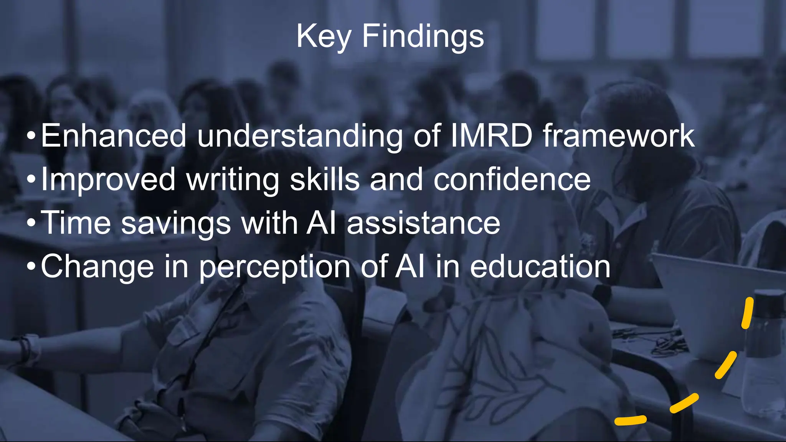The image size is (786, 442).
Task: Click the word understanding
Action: point(300,136)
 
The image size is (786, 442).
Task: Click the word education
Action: point(540,266)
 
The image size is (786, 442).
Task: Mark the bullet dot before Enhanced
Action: point(31,136)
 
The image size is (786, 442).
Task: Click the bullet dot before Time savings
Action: point(31,223)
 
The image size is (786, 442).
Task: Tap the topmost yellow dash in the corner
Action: point(747,313)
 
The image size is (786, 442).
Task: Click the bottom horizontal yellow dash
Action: point(630,420)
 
